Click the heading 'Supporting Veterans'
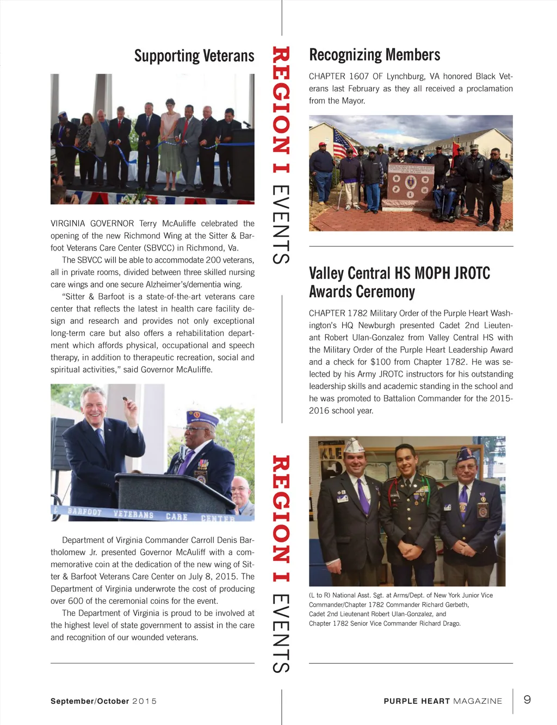point(194,56)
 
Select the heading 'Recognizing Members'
point(374,55)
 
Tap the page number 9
point(527,699)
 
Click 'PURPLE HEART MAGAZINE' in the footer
point(443,701)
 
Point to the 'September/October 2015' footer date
point(103,701)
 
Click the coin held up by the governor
point(125,399)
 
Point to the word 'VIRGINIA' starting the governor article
point(68,223)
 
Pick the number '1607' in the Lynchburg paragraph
point(358,77)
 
